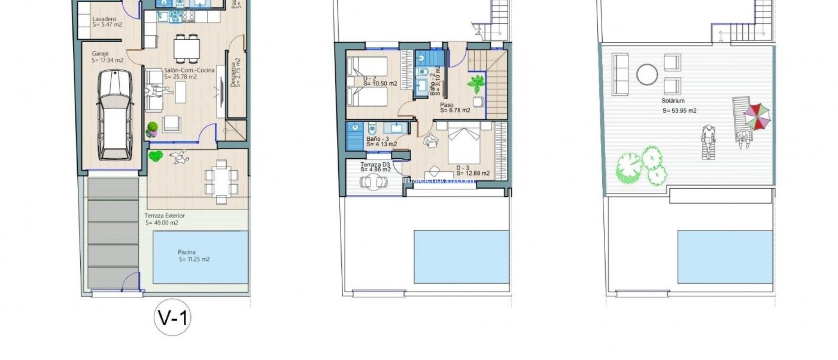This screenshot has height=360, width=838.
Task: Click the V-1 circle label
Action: (173, 317)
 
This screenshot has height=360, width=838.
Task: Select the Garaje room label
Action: (100, 54)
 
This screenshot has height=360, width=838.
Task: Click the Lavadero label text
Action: (104, 19)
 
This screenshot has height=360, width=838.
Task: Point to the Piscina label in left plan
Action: (187, 252)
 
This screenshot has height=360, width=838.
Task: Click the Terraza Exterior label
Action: (164, 216)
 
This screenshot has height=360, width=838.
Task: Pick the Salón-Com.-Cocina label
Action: (189, 70)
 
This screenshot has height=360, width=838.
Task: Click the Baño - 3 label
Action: (378, 139)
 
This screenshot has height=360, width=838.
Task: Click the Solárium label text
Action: (673, 101)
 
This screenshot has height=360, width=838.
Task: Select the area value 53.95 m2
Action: (679, 110)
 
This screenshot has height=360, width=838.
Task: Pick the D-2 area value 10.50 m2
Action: (380, 84)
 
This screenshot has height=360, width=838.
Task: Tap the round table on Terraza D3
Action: (374, 181)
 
